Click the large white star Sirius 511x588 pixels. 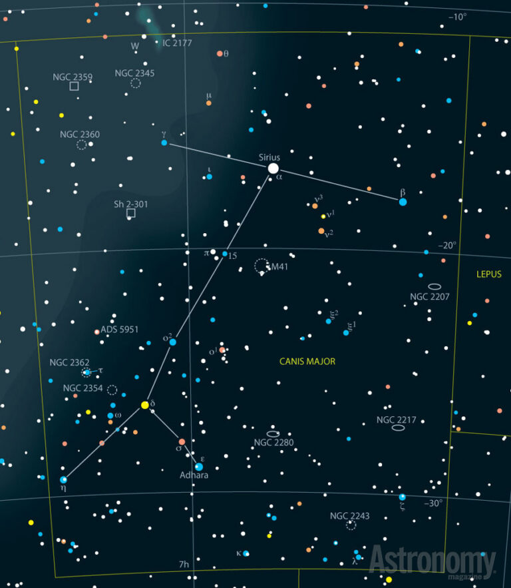(x=273, y=168)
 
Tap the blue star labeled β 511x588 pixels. (x=403, y=201)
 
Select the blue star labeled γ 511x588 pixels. (x=164, y=143)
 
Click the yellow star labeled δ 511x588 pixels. (x=144, y=404)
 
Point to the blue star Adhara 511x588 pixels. (x=198, y=467)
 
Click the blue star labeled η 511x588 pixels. (x=64, y=479)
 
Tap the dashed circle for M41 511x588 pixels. (x=262, y=266)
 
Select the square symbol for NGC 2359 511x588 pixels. (x=74, y=86)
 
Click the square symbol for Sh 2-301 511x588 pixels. (x=131, y=213)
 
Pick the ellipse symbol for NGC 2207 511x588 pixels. (x=434, y=286)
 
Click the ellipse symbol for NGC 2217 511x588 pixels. (x=399, y=428)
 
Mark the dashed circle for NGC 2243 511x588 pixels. (x=351, y=525)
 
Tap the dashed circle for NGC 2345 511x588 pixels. (x=136, y=83)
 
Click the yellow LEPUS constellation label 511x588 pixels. (x=489, y=274)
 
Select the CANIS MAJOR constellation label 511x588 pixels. (x=307, y=362)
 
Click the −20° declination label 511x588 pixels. (x=448, y=246)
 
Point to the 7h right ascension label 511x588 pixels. (x=184, y=565)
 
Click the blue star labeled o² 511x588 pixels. (x=172, y=342)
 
